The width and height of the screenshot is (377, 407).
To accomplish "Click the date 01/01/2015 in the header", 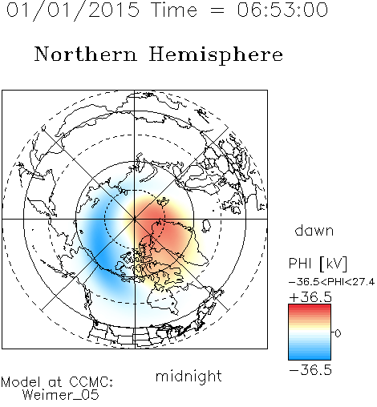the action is [x=73, y=10].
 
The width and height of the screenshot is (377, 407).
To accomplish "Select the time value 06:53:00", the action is [x=282, y=10].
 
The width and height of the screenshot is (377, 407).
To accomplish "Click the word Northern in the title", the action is [x=86, y=54].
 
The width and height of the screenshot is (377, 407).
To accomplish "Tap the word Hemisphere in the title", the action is [x=216, y=54].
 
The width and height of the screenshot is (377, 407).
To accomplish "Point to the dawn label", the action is [x=314, y=230].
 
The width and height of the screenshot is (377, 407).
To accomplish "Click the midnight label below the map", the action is [x=188, y=377].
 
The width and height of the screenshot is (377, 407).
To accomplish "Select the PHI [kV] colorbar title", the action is [x=318, y=264].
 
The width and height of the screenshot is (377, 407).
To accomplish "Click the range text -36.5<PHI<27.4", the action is [x=332, y=282].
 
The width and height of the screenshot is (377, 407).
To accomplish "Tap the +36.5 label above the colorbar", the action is [x=310, y=297].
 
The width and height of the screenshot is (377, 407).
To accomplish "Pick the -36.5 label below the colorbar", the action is [x=310, y=370].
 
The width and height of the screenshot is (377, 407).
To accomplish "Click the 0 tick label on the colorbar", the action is [x=338, y=333].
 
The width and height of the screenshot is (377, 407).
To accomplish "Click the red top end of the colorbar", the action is [x=310, y=307].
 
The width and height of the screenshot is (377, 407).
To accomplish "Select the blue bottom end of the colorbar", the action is [x=310, y=357].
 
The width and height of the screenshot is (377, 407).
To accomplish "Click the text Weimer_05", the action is [x=61, y=395].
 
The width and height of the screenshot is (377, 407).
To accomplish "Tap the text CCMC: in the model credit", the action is [x=91, y=382].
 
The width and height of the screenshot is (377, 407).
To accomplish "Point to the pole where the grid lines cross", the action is [x=135, y=219].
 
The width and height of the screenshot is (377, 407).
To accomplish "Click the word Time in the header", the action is [x=174, y=10].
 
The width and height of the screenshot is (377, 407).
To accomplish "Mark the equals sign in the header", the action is [x=217, y=10].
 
